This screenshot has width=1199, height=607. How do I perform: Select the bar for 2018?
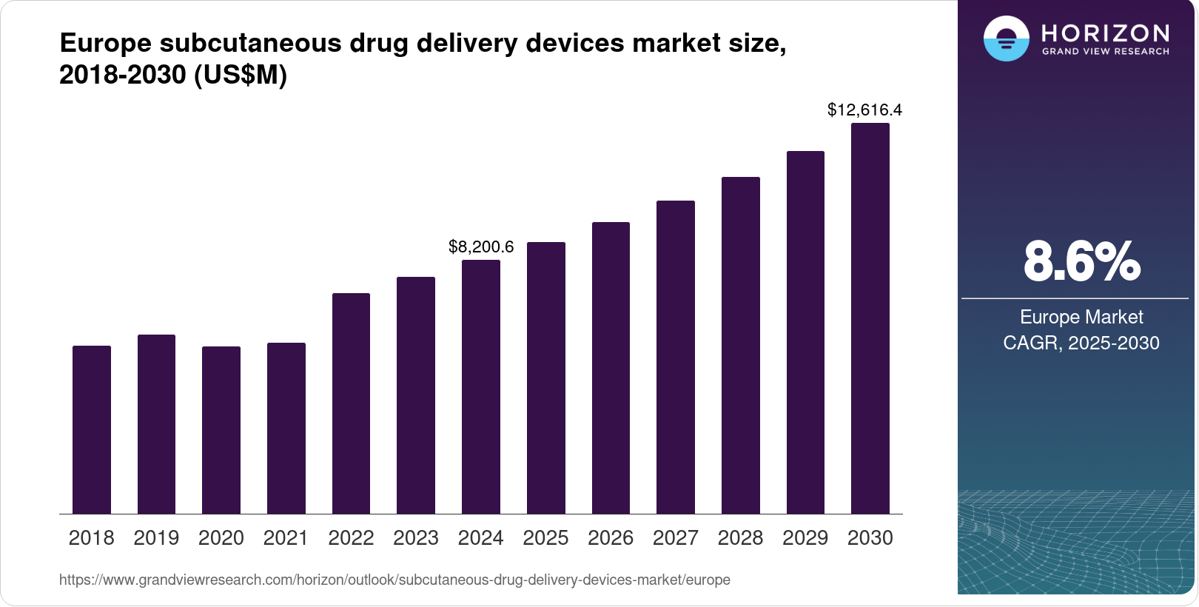click(x=92, y=429)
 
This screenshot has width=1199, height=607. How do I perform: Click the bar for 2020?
click(x=221, y=429)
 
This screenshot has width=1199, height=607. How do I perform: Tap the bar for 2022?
click(x=351, y=403)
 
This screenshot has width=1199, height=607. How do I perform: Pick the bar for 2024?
click(x=480, y=386)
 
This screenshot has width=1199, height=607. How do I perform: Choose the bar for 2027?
click(x=675, y=357)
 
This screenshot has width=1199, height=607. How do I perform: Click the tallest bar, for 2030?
click(x=870, y=318)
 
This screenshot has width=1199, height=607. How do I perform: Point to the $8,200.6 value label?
click(x=481, y=247)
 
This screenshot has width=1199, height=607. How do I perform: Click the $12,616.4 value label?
click(x=864, y=110)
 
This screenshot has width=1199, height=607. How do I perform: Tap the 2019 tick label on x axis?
click(x=156, y=538)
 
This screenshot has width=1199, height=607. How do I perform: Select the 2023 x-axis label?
click(x=416, y=538)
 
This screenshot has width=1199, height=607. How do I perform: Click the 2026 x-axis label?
click(x=611, y=538)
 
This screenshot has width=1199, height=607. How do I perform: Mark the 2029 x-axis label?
click(x=805, y=538)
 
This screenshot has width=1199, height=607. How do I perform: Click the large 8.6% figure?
click(x=1081, y=261)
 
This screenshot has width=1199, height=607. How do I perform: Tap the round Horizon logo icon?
click(x=1006, y=38)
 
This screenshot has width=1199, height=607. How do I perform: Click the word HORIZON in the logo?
click(x=1105, y=33)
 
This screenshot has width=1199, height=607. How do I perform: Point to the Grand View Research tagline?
click(x=1105, y=52)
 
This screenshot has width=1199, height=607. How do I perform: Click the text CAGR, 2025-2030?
click(x=1081, y=343)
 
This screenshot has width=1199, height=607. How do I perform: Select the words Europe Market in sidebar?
click(x=1081, y=317)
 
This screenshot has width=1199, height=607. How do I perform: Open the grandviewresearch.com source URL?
click(x=394, y=580)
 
